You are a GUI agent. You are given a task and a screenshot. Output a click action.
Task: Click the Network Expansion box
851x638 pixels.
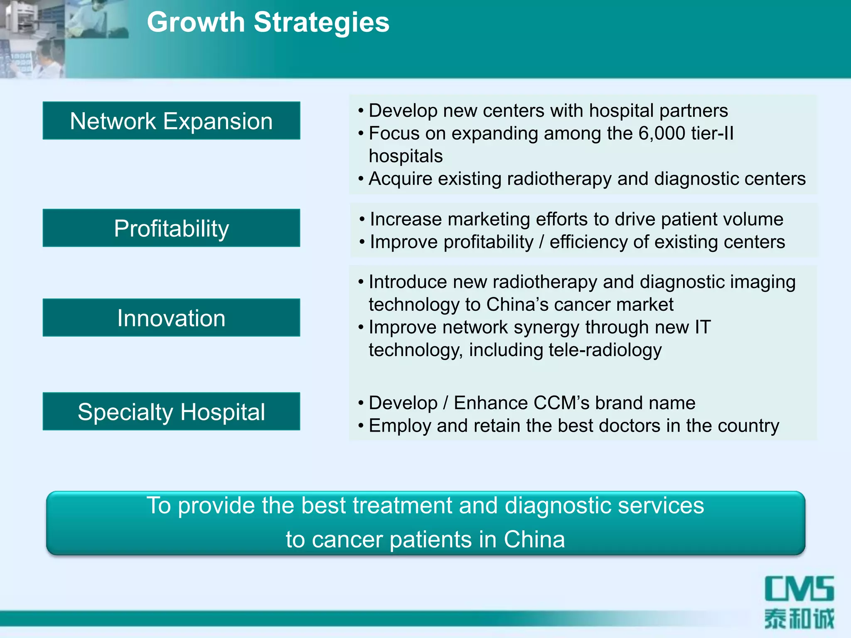171,121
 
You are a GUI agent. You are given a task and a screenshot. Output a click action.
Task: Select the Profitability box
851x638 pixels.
171,228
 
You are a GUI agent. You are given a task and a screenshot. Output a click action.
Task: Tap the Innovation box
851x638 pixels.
171,318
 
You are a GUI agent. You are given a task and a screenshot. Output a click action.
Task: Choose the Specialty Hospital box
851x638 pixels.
171,412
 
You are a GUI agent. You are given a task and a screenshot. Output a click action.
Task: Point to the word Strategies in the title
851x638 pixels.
321,23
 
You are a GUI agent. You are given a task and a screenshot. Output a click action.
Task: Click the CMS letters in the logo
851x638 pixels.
799,589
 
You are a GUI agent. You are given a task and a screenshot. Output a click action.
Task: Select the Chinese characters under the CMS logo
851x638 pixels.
799,619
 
